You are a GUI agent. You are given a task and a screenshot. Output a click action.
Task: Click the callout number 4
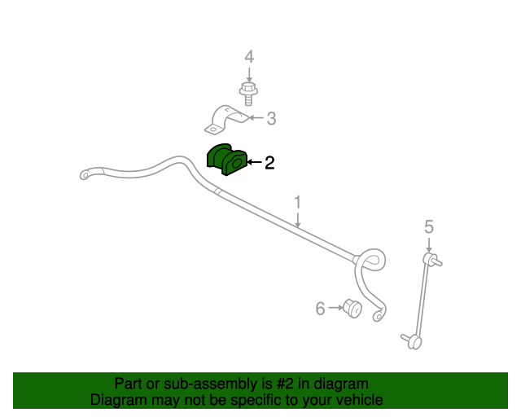pos(249,56)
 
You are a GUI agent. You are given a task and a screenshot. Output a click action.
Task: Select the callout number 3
pos(271,118)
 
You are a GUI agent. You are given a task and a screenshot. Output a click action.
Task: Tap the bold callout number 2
pos(269,163)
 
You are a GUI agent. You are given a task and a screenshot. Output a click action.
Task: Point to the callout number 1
pos(297,203)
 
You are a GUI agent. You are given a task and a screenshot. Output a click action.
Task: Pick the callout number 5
pos(429,226)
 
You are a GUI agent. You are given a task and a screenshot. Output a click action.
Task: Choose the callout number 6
pos(320,308)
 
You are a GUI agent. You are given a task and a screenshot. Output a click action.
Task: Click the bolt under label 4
pos(248,94)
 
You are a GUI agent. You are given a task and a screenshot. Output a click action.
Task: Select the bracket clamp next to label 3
pos(226,120)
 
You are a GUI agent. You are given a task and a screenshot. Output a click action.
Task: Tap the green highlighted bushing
pos(227,160)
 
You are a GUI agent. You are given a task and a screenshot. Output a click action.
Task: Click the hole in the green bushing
pos(237,163)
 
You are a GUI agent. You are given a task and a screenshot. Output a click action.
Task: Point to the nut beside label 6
pos(352,308)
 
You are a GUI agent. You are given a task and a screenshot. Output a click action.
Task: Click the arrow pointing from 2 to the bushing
pos(255,162)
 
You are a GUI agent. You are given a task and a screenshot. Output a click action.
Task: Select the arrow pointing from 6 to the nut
pos(335,308)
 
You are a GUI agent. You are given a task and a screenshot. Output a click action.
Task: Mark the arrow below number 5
pos(429,245)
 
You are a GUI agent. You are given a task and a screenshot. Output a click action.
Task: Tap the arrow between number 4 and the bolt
pos(249,74)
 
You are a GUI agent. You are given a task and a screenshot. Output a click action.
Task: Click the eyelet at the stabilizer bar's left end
pos(85,174)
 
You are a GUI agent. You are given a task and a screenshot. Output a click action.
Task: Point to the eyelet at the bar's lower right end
pos(378,315)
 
